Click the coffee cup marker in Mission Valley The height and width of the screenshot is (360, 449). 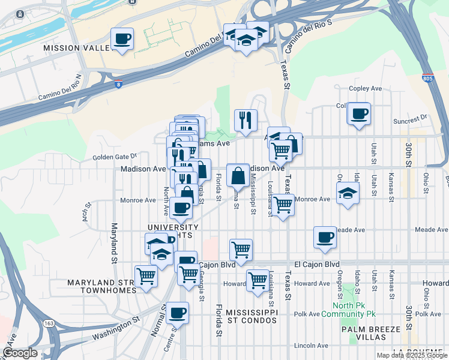pyautogui.click(x=122, y=39)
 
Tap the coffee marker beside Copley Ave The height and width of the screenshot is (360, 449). pyautogui.click(x=359, y=113)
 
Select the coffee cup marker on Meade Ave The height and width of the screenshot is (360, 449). pyautogui.click(x=325, y=237)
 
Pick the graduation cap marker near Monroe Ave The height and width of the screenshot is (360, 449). pyautogui.click(x=347, y=194)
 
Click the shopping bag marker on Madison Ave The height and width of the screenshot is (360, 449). pyautogui.click(x=238, y=175)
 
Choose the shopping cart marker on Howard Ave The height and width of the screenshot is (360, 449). pyautogui.click(x=258, y=280)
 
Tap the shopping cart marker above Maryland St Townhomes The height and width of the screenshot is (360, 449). pyautogui.click(x=146, y=276)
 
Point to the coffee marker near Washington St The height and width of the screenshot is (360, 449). pyautogui.click(x=178, y=313)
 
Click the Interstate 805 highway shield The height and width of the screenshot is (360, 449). pyautogui.click(x=427, y=79)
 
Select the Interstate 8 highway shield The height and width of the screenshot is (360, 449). pyautogui.click(x=119, y=85)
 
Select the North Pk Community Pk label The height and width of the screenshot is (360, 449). pyautogui.click(x=348, y=309)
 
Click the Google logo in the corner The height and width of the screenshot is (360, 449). pyautogui.click(x=20, y=353)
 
